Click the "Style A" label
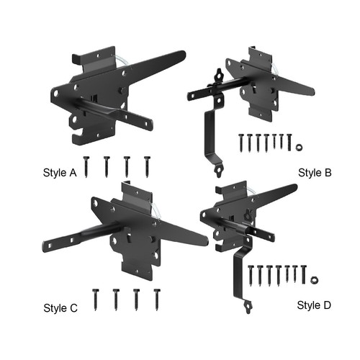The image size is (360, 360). tap(60, 173)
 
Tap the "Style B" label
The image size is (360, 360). tap(315, 173)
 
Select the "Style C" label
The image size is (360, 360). tap(60, 308)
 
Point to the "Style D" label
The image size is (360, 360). tap(314, 305)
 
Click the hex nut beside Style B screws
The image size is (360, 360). tap(299, 147)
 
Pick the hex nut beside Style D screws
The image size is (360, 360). tap(314, 280)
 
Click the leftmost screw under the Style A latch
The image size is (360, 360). tap(86, 167)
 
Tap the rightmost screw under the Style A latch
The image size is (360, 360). tap(147, 167)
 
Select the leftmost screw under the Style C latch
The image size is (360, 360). tap(96, 300)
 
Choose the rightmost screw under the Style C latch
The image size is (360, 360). tap(157, 300)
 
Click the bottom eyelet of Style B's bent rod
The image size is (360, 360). tap(218, 172)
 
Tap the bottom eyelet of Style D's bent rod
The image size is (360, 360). tap(248, 307)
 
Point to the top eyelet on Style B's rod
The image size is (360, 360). tap(219, 75)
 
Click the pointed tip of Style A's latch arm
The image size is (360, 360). tap(184, 54)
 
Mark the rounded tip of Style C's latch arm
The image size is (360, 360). tap(205, 241)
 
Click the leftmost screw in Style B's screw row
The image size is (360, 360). tap(241, 143)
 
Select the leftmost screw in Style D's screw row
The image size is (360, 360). tap(251, 276)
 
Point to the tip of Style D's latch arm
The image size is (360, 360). tap(295, 186)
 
